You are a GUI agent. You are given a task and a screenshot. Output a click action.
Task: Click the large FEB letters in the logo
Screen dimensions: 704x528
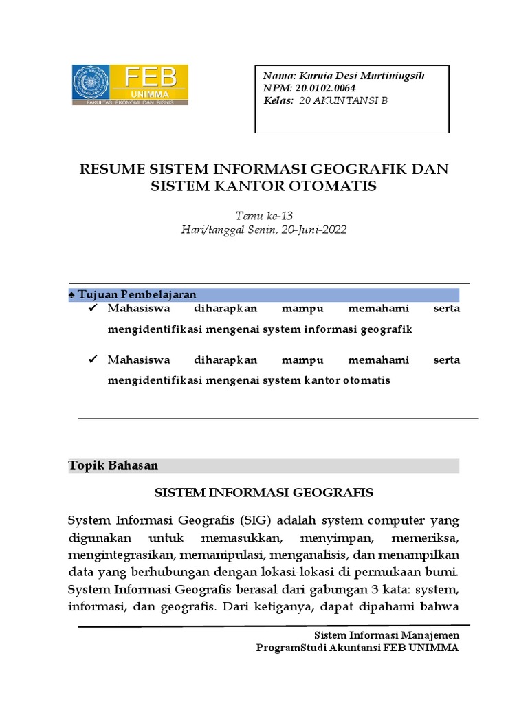151,76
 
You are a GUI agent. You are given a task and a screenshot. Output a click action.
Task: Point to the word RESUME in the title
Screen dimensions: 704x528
113,169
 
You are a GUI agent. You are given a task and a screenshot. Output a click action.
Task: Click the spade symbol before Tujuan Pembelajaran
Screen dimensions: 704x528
73,294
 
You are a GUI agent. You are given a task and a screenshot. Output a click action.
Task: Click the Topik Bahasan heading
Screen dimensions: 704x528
113,465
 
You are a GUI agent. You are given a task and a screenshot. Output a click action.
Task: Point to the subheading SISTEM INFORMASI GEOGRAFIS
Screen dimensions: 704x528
263,492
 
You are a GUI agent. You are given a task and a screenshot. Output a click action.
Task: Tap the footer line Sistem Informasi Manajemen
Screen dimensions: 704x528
386,635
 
